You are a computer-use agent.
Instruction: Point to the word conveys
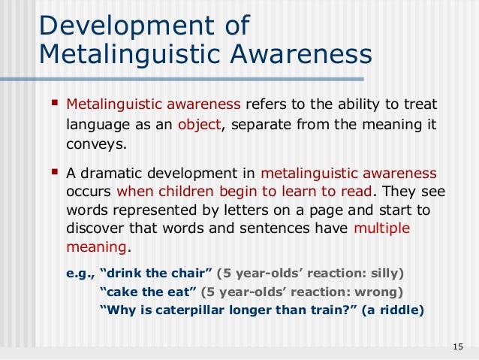click(x=95, y=144)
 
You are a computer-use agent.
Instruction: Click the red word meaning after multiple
click(x=96, y=247)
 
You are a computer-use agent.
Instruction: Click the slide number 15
click(x=459, y=346)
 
